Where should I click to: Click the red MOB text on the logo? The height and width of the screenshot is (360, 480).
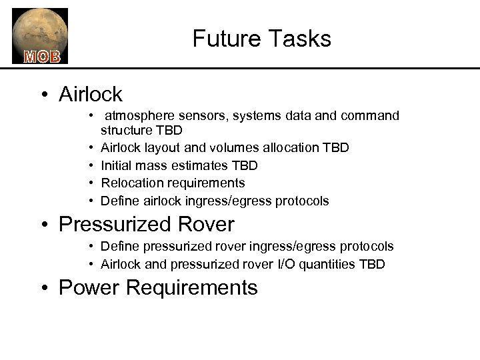[42, 56]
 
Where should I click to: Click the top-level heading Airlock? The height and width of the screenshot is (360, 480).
[91, 94]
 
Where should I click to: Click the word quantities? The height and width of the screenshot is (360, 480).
[324, 265]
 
